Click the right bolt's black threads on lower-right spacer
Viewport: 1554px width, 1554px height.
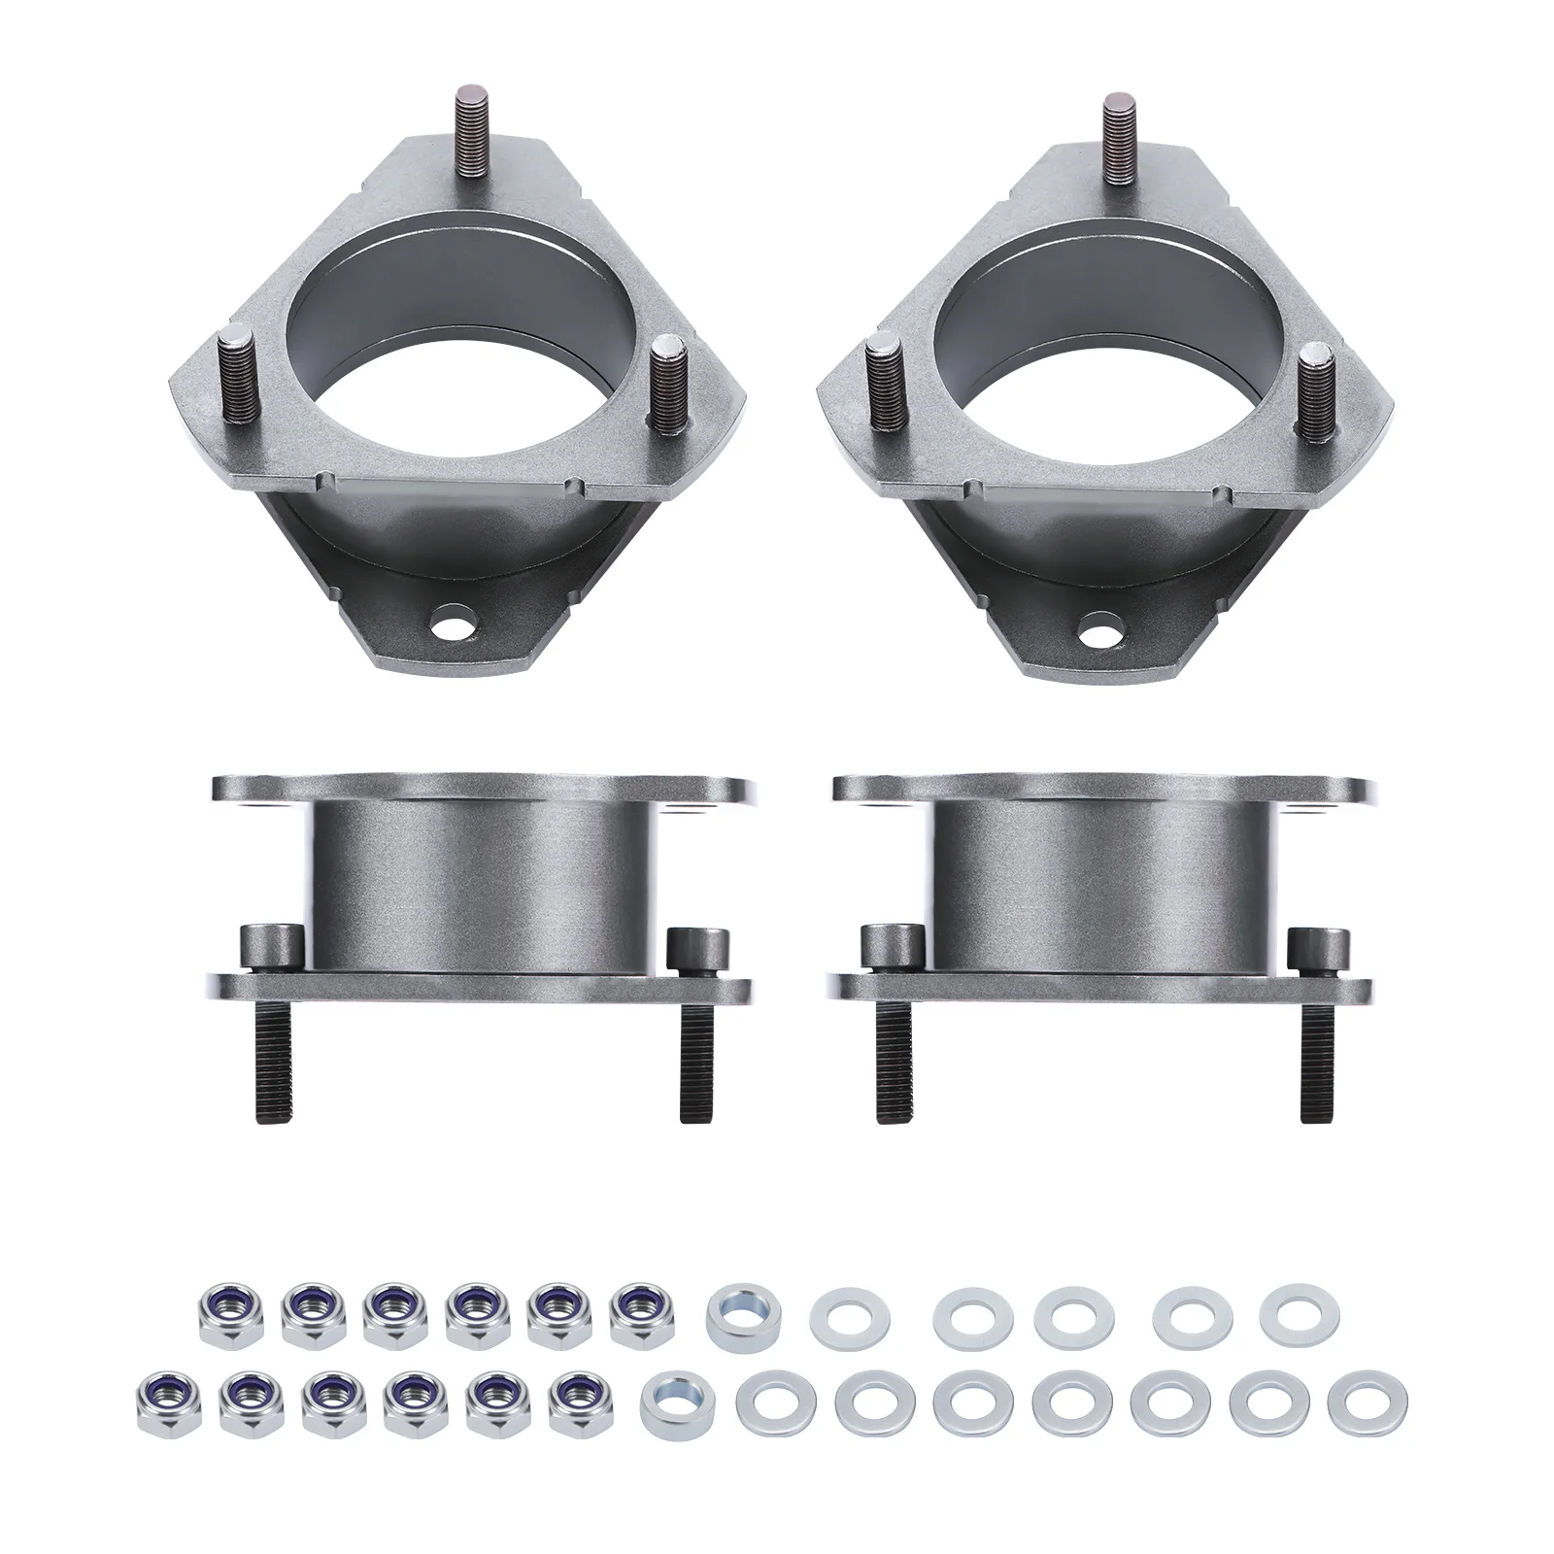(1313, 1068)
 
